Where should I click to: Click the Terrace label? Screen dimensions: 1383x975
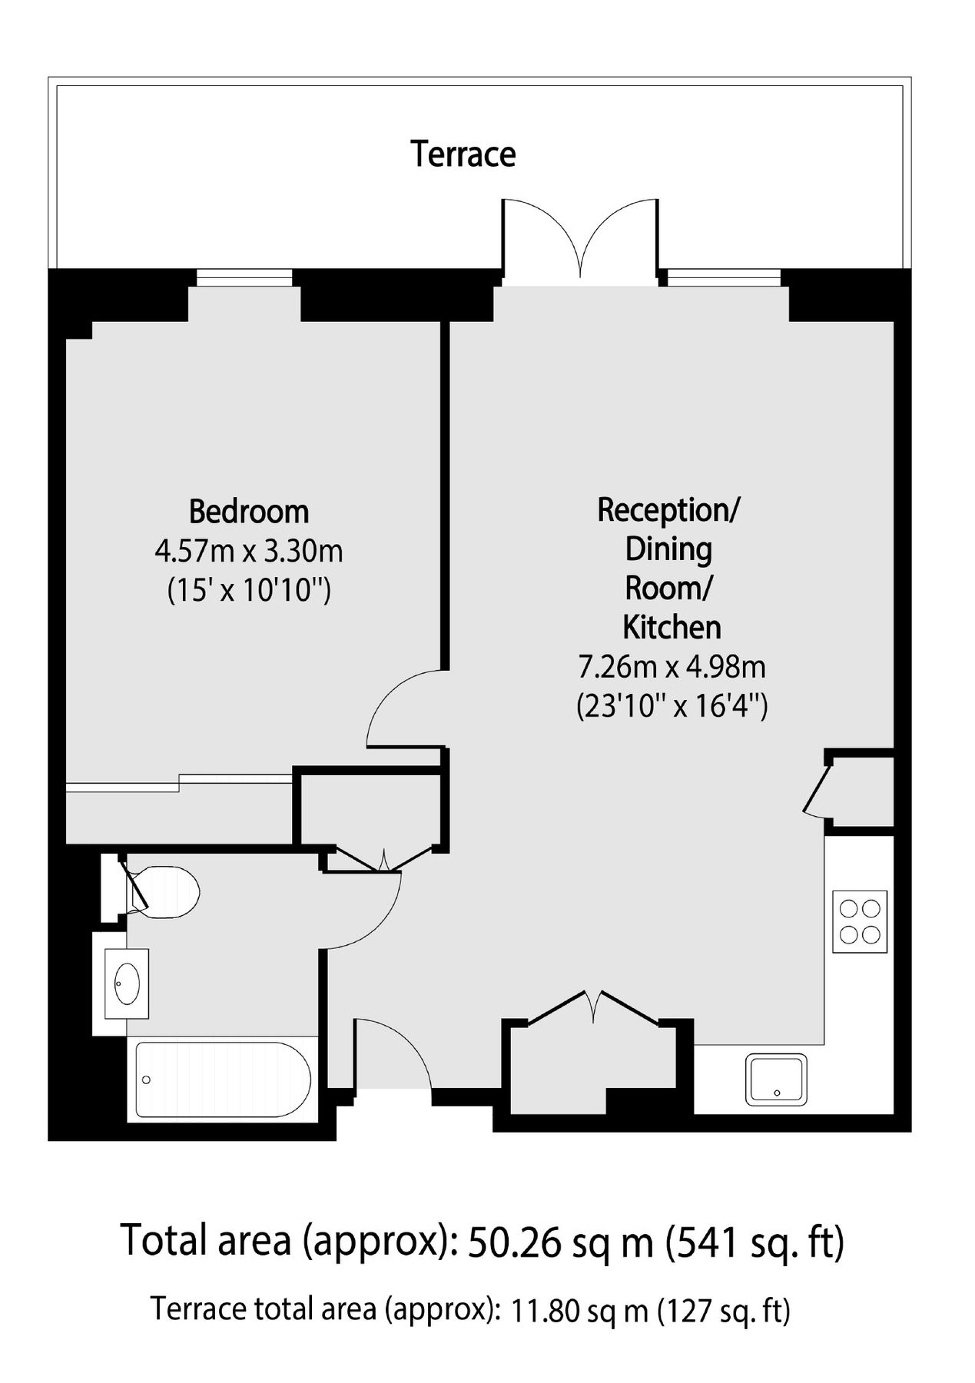463,154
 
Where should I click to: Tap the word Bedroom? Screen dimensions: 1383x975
249,511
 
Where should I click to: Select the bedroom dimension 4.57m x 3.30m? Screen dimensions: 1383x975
249,551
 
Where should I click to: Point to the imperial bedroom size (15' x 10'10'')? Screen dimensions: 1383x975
249,590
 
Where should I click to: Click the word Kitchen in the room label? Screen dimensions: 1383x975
672,627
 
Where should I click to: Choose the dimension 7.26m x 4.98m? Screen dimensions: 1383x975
672,666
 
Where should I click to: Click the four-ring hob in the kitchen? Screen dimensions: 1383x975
860,921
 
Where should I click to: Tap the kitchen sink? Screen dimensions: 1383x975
776,1079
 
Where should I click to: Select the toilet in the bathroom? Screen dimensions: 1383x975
165,892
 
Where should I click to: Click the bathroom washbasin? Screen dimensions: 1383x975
127,983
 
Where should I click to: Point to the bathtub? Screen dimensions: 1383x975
223,1079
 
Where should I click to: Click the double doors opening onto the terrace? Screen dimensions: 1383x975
581,238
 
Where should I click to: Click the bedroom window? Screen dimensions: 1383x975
244,277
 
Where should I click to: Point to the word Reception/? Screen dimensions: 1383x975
668,509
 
